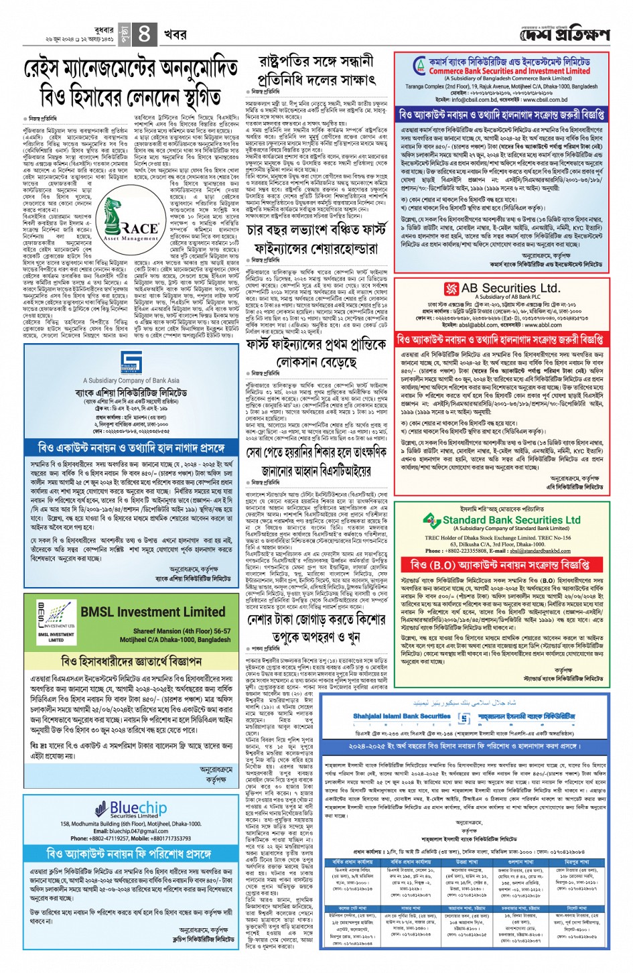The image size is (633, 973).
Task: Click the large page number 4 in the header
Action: (x=144, y=32)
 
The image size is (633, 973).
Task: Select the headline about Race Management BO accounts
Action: (x=131, y=85)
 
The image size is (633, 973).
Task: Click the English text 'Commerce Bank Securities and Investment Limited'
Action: (x=509, y=71)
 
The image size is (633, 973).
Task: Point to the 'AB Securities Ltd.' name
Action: (x=510, y=289)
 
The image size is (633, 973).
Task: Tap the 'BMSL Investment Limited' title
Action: (x=152, y=612)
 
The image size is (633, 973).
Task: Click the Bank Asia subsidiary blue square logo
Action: (x=131, y=363)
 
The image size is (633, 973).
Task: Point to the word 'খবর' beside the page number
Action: (x=175, y=34)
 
